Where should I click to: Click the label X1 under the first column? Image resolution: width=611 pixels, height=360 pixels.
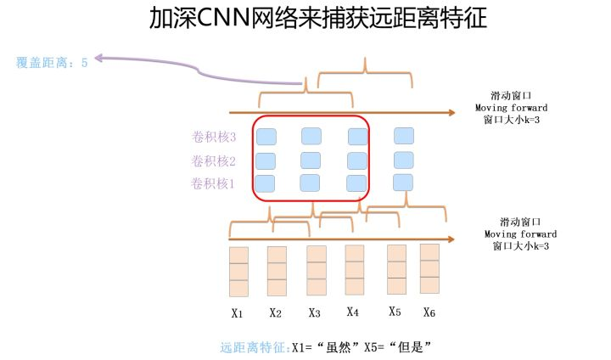(x=237, y=313)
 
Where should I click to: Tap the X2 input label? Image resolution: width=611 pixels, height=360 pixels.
(x=275, y=312)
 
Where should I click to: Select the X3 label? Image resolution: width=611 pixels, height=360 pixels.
(x=314, y=312)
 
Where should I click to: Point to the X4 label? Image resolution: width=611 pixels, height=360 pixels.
(x=353, y=312)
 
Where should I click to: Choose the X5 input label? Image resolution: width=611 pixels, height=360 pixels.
(x=395, y=312)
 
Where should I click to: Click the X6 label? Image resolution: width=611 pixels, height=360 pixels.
(x=429, y=312)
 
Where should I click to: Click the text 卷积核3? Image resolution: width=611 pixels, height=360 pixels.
(x=214, y=137)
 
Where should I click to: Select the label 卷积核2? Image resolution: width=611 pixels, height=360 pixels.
(x=214, y=160)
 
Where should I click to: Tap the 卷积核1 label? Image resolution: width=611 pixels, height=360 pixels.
(x=213, y=183)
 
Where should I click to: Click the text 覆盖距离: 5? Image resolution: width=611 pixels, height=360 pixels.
(x=52, y=62)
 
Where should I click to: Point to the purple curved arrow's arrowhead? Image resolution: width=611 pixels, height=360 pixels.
(x=98, y=58)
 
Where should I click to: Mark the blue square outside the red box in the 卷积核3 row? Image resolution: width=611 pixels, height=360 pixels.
(x=404, y=136)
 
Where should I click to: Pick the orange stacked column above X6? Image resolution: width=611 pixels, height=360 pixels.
(x=429, y=269)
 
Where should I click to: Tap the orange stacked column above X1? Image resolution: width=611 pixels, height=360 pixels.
(x=238, y=272)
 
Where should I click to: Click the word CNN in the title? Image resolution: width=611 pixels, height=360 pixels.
(x=223, y=18)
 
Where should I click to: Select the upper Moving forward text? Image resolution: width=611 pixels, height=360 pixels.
(x=511, y=108)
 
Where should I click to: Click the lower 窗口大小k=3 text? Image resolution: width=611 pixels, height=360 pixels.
(x=520, y=246)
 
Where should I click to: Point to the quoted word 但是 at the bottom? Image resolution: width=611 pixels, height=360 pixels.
(x=411, y=346)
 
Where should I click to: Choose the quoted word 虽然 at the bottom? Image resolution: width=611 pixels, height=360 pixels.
(x=339, y=346)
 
